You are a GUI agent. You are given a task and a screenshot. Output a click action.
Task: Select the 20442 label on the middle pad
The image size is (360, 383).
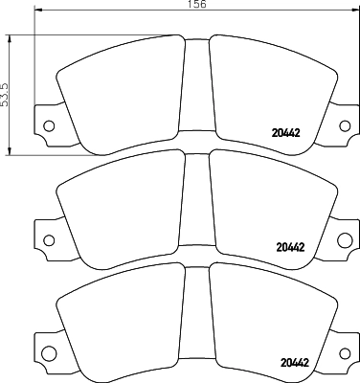pyautogui.click(x=289, y=247)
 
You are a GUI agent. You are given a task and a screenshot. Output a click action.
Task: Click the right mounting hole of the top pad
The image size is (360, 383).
pyautogui.click(x=344, y=124)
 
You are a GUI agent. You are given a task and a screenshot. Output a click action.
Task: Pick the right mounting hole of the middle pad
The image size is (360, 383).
pyautogui.click(x=344, y=238)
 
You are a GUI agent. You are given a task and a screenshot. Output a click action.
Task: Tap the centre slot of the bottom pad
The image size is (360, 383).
pyautogui.click(x=196, y=316)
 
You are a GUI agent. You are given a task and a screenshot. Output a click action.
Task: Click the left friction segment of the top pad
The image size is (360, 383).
pyautogui.click(x=120, y=91)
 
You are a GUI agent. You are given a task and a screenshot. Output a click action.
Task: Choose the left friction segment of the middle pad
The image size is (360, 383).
pyautogui.click(x=120, y=206)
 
